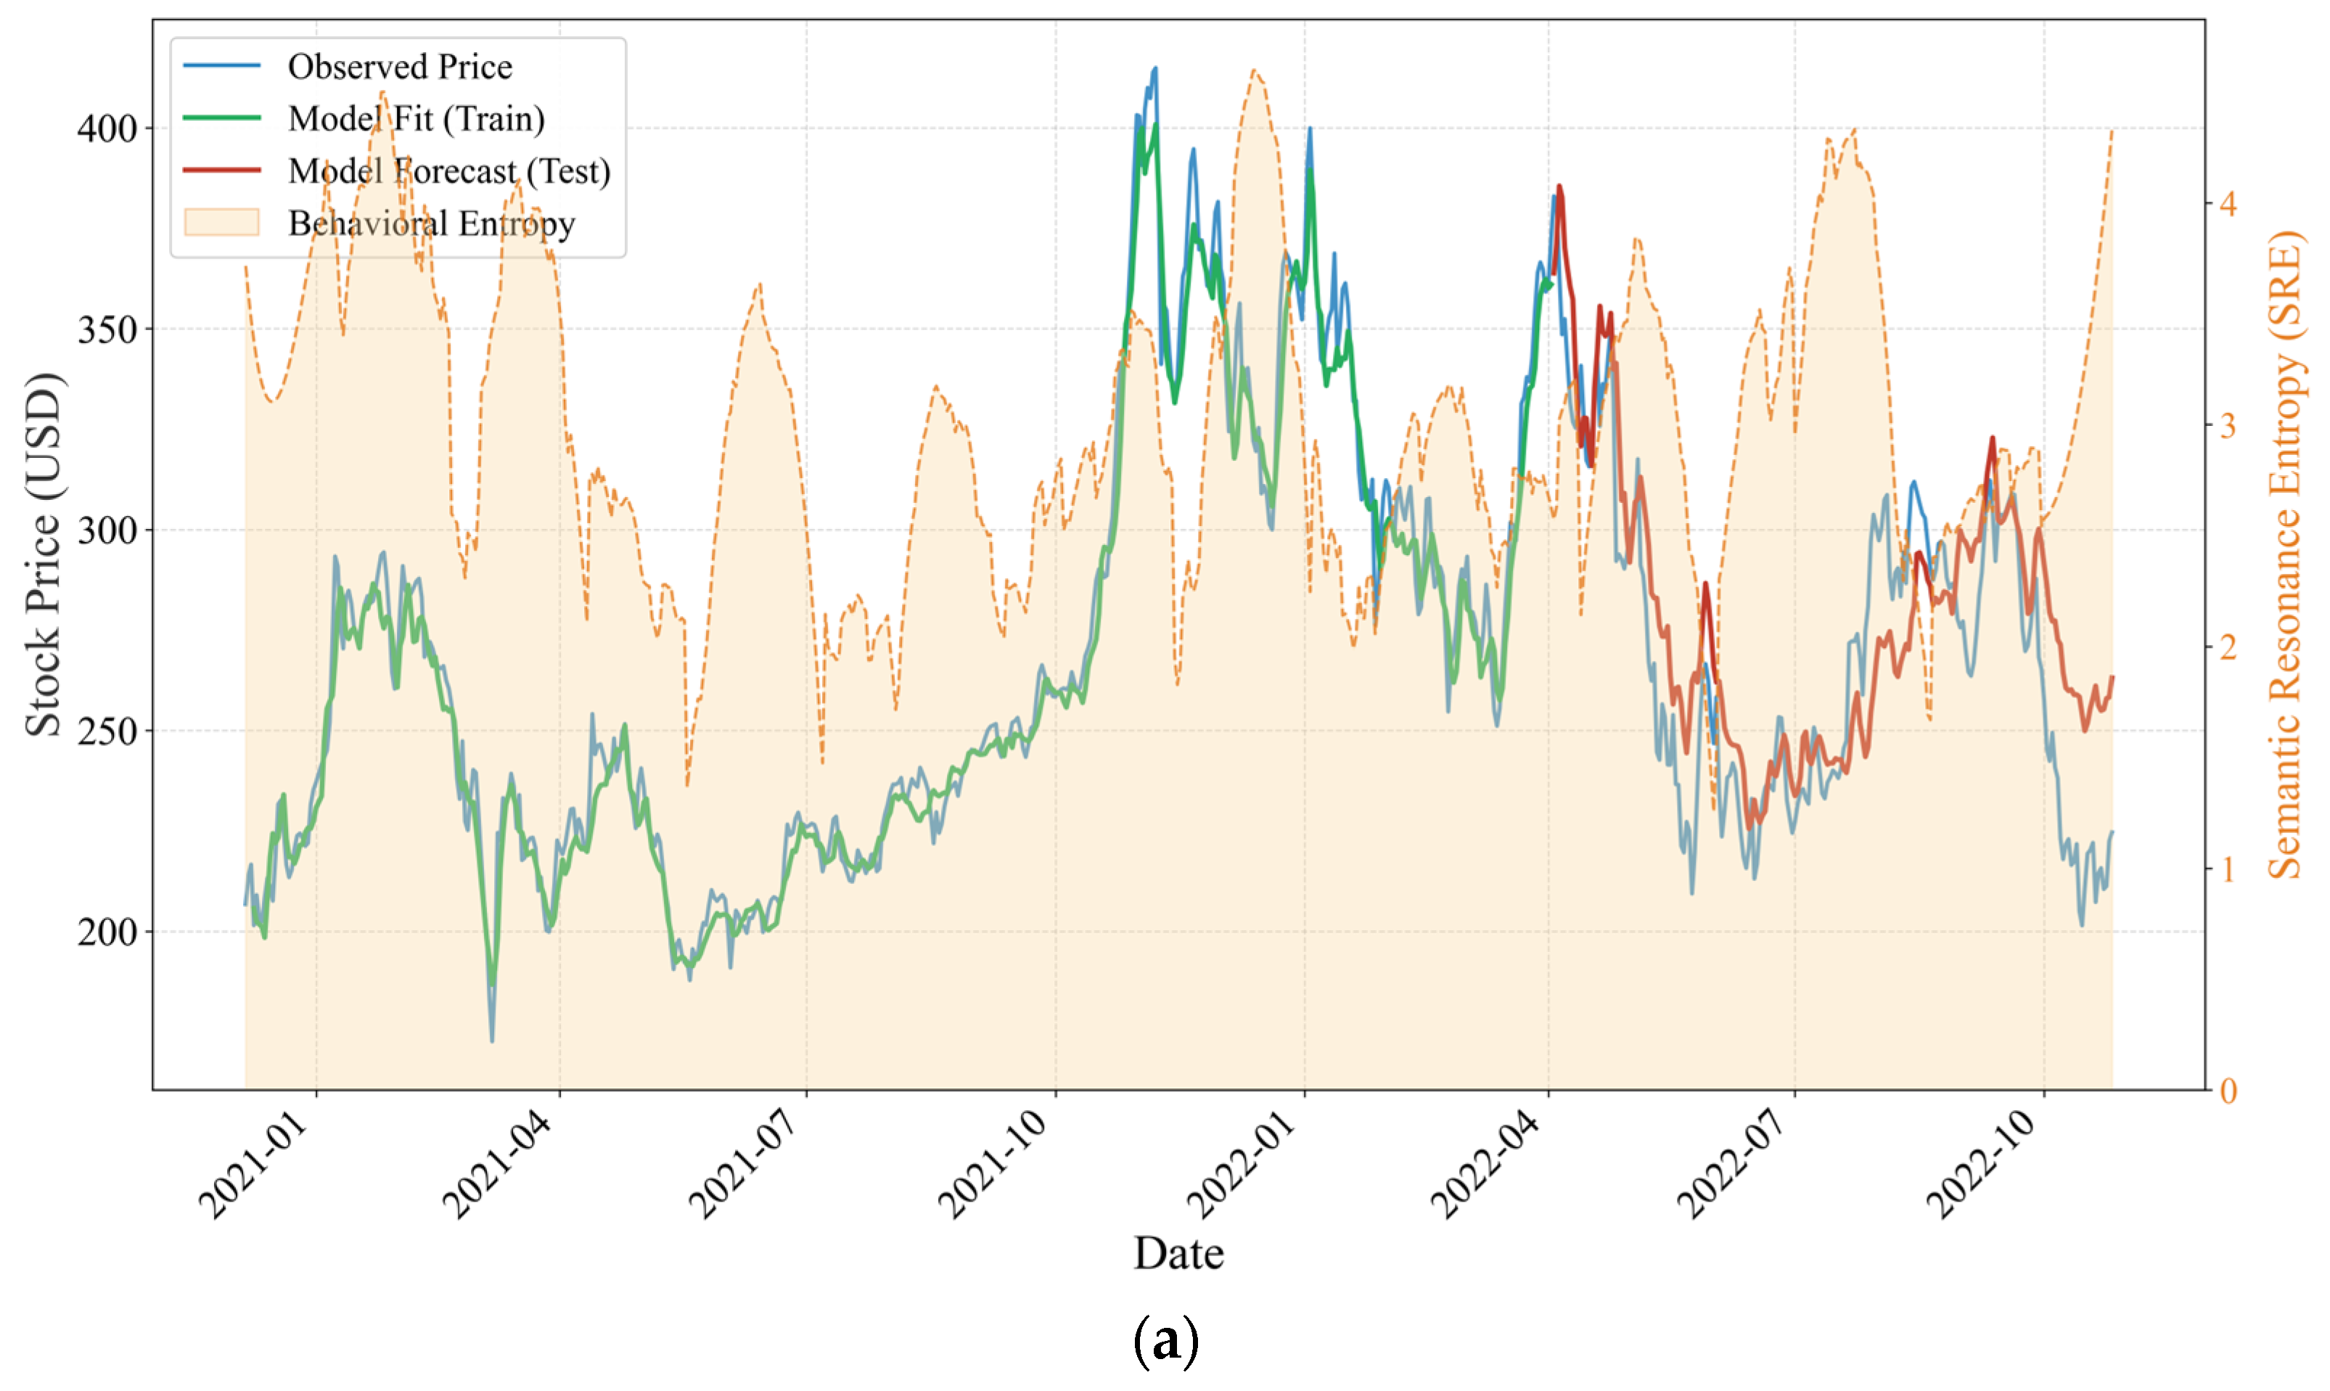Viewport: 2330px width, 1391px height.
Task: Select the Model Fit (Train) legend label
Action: pyautogui.click(x=416, y=119)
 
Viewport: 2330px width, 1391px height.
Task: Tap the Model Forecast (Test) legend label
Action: pyautogui.click(x=449, y=171)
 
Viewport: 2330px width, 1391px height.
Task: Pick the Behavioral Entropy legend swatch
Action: pyautogui.click(x=222, y=223)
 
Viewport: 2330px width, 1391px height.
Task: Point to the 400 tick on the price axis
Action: pyautogui.click(x=107, y=128)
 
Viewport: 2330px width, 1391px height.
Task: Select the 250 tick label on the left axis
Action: pyautogui.click(x=107, y=731)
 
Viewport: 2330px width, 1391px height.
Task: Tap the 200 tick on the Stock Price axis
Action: pyautogui.click(x=107, y=932)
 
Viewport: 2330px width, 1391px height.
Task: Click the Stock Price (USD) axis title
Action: pyautogui.click(x=42, y=555)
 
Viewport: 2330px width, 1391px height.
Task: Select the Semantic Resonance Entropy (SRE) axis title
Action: pyautogui.click(x=2285, y=555)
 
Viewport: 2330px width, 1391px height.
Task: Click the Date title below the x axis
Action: pyautogui.click(x=1178, y=1253)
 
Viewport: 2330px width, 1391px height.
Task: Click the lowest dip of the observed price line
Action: pyautogui.click(x=492, y=1041)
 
